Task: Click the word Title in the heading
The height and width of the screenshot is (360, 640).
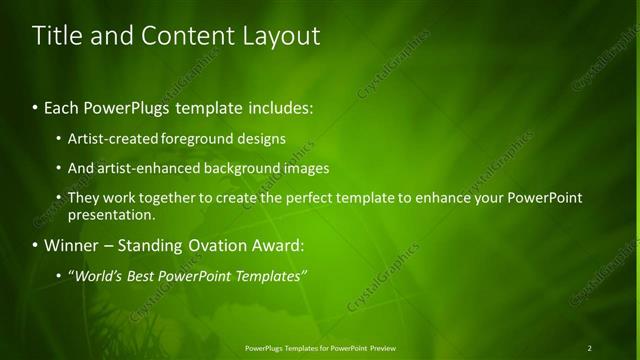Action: coord(56,36)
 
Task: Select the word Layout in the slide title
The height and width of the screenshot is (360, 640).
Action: coord(282,36)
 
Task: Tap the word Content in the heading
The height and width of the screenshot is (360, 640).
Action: coord(186,36)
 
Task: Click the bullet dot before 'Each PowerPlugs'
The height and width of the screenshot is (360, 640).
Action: coord(36,107)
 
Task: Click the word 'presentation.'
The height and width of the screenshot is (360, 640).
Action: coord(111,214)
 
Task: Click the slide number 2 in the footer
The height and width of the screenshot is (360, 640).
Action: coord(589,348)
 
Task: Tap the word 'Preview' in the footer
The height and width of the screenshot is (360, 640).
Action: coord(382,348)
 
